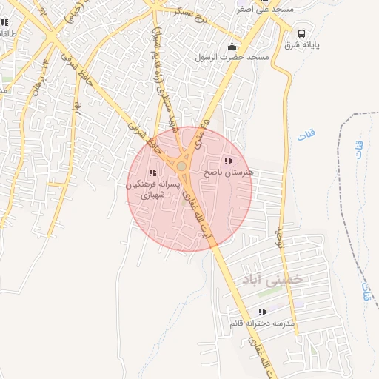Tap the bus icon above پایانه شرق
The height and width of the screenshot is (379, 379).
coord(302,33)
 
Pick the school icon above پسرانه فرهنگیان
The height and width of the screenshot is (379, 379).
coord(153,172)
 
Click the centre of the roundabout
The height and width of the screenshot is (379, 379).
coord(181,167)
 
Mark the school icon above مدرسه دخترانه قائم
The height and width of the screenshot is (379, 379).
coord(261,312)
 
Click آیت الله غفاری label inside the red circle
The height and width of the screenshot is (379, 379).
coord(200,215)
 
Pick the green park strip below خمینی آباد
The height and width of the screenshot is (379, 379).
coord(270,293)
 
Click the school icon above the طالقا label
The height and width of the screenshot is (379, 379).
coord(6,22)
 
